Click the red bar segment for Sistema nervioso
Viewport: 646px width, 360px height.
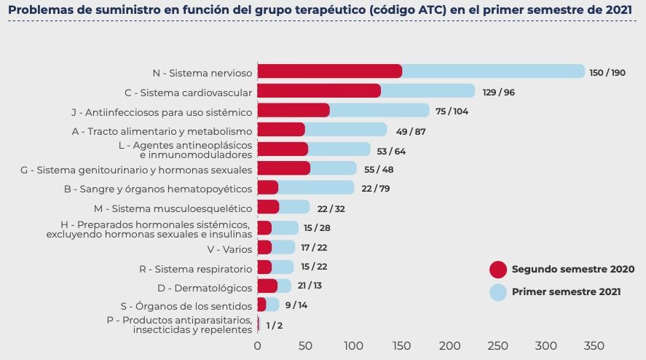tap(329, 71)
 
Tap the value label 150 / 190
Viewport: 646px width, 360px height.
tap(607, 72)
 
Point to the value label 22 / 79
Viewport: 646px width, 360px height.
tap(377, 188)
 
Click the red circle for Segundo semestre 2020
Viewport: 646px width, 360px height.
tap(497, 269)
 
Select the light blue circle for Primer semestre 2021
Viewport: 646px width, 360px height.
tap(497, 292)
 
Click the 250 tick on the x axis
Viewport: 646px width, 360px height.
tap(498, 345)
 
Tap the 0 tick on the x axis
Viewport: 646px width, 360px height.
tap(257, 345)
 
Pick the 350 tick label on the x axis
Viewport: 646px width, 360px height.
tap(594, 345)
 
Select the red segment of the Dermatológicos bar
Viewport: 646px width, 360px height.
tap(267, 286)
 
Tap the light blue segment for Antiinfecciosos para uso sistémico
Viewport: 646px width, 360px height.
tap(379, 111)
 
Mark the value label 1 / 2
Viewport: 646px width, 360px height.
tap(275, 325)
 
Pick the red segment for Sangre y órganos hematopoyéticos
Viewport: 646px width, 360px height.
tap(268, 188)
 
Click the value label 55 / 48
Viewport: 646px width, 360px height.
tap(378, 169)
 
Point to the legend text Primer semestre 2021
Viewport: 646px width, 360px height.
tap(566, 292)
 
